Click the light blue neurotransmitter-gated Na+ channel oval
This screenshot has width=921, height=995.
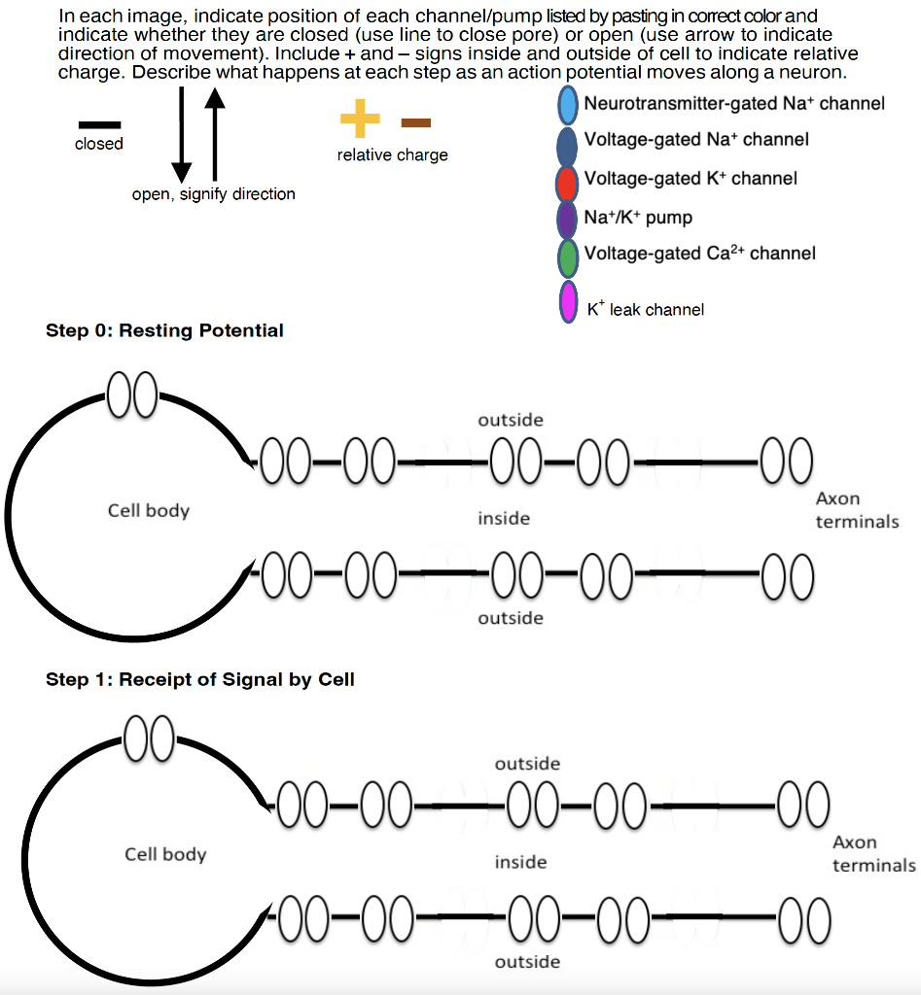(567, 105)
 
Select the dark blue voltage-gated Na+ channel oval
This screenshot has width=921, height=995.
(567, 147)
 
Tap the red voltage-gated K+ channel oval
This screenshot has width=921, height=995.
(567, 183)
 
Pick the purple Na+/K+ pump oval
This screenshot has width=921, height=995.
(567, 219)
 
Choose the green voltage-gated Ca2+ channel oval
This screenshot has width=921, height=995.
(567, 257)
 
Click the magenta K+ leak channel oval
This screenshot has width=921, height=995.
(569, 302)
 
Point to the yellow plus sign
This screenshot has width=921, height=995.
(360, 118)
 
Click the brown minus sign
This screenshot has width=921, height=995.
(416, 122)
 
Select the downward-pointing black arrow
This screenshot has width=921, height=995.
(181, 134)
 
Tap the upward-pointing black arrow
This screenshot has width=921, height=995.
(215, 134)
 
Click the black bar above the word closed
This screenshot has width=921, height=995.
(100, 125)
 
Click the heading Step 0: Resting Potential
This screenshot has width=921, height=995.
(164, 330)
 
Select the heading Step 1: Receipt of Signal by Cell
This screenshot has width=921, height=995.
(200, 679)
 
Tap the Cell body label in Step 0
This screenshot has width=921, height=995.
(149, 511)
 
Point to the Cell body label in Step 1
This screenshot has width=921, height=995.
(165, 854)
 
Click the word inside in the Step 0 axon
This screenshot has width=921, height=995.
(504, 519)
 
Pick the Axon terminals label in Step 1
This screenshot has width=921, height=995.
(874, 853)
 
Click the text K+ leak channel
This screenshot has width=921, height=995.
(646, 308)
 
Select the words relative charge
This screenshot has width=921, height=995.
(393, 154)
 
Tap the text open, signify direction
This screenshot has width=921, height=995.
(213, 194)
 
